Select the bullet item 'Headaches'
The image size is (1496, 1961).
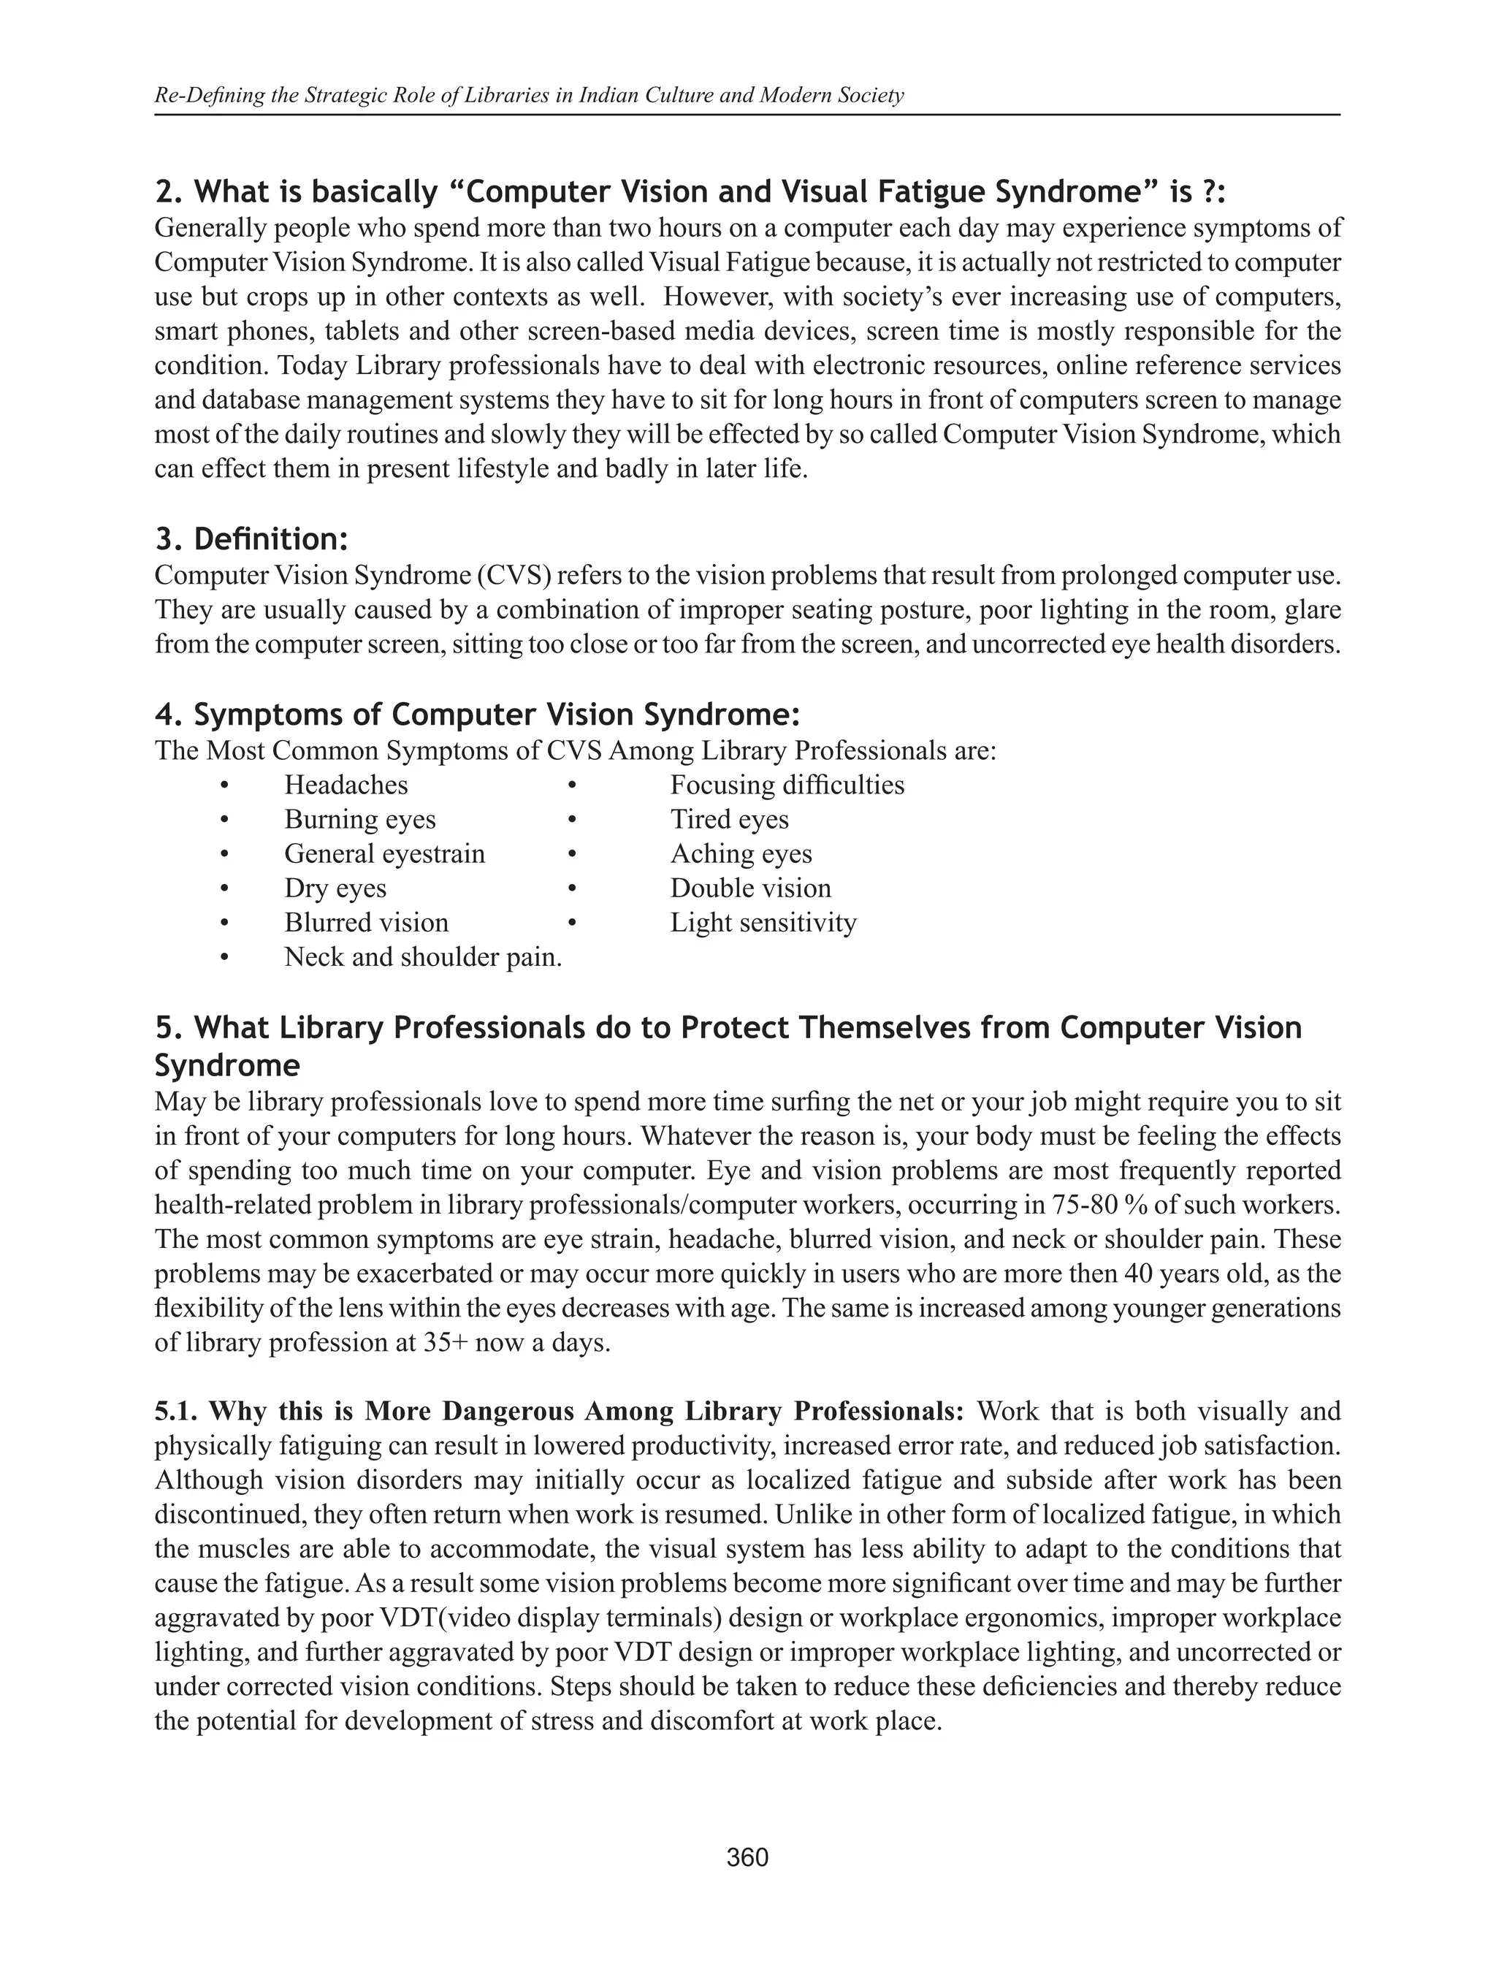coord(346,785)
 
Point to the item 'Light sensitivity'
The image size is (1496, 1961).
coord(763,923)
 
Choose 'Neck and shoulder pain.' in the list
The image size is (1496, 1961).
coord(423,957)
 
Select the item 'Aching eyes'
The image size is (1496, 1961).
coord(741,854)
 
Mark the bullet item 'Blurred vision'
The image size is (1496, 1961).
coord(366,923)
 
